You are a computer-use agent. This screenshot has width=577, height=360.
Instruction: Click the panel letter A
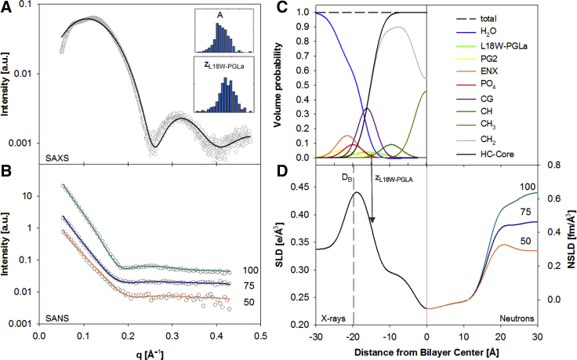click(7, 8)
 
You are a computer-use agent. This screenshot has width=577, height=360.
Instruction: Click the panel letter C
click(296, 7)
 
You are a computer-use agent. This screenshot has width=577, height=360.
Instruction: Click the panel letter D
click(296, 167)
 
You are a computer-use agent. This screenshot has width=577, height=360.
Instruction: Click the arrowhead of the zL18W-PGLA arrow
click(372, 221)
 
